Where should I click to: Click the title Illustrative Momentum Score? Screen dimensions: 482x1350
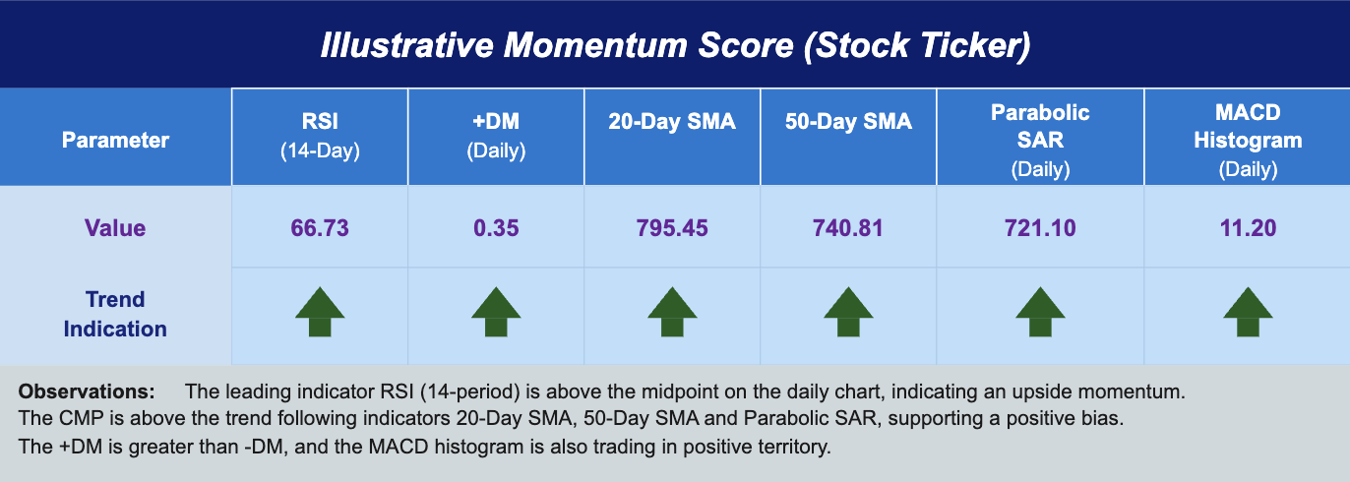pyautogui.click(x=675, y=45)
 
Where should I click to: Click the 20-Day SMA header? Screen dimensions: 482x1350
pyautogui.click(x=672, y=122)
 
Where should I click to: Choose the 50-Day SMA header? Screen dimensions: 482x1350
pyautogui.click(x=848, y=122)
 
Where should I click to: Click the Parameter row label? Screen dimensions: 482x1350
pyautogui.click(x=115, y=140)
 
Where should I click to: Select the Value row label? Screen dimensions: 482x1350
pyautogui.click(x=115, y=228)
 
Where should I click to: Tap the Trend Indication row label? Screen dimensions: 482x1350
pyautogui.click(x=115, y=314)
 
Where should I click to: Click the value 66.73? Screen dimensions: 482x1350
pyautogui.click(x=319, y=228)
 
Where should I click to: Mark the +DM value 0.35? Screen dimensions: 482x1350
pyautogui.click(x=495, y=228)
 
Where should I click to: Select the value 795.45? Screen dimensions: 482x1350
pyautogui.click(x=672, y=228)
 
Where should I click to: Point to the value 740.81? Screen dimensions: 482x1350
pyautogui.click(x=848, y=228)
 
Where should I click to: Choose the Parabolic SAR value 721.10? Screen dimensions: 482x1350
pyautogui.click(x=1040, y=228)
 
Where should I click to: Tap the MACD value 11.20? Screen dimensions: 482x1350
pyautogui.click(x=1248, y=228)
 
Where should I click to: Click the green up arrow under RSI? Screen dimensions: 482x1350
pyautogui.click(x=320, y=313)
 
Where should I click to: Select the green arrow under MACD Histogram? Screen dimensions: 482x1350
pyautogui.click(x=1248, y=313)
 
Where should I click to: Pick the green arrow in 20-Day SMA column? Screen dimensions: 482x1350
pyautogui.click(x=672, y=313)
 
